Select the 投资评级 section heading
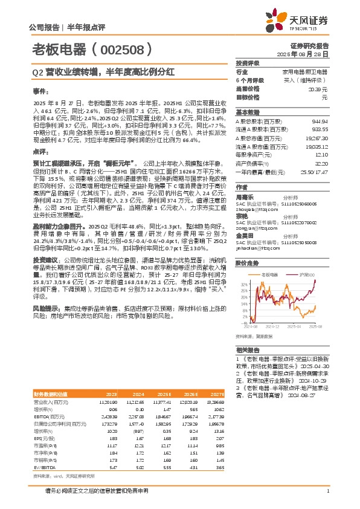tap(248, 63)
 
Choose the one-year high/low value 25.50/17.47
tap(314, 172)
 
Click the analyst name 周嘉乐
tap(245, 196)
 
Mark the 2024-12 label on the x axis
tap(271, 327)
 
